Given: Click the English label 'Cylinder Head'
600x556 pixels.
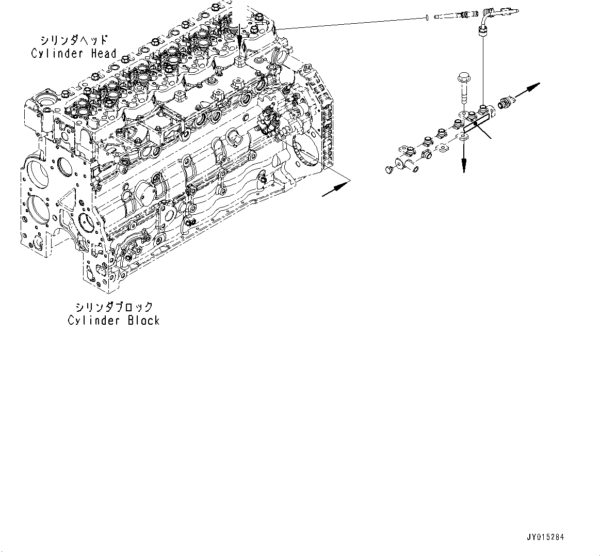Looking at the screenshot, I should [x=74, y=53].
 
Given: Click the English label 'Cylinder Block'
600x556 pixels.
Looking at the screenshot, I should [x=113, y=320].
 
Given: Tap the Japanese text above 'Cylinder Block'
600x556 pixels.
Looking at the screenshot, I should [x=114, y=307].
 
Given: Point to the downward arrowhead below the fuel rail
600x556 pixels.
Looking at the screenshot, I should [x=464, y=164].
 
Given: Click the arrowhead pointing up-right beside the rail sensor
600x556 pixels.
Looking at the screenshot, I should [x=534, y=87].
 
